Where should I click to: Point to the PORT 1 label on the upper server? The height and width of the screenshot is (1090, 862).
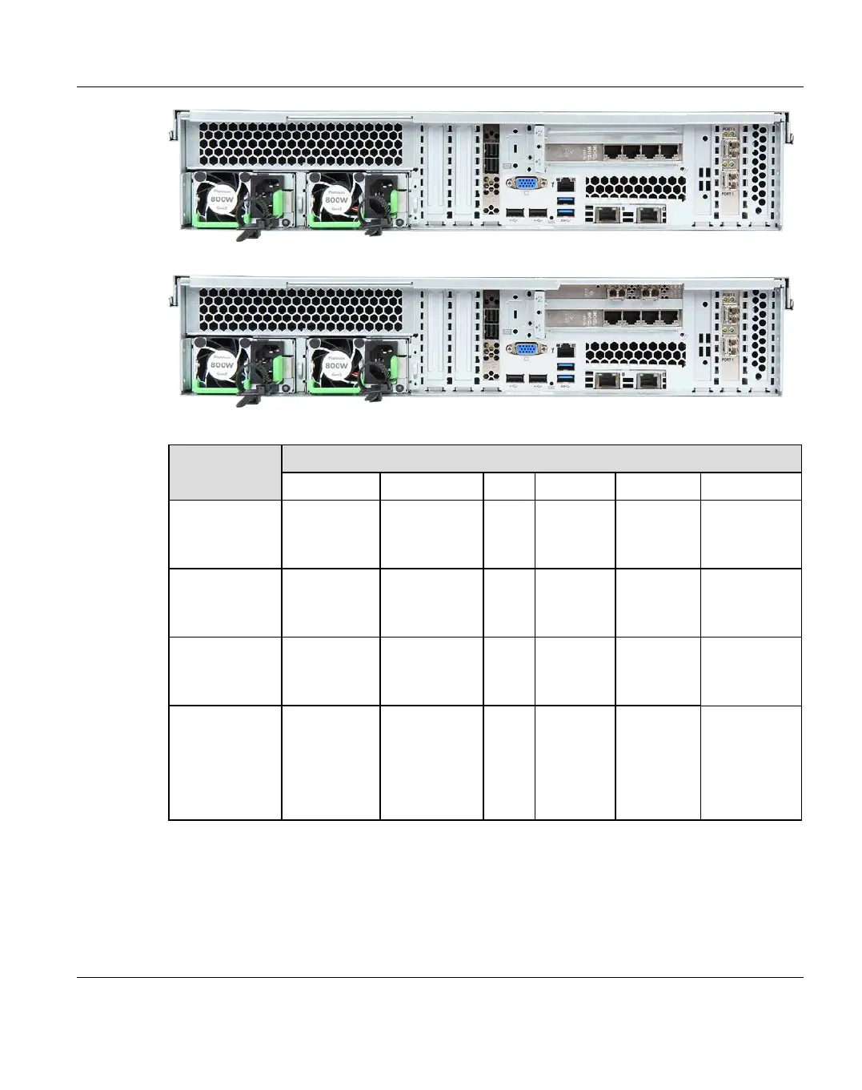728,194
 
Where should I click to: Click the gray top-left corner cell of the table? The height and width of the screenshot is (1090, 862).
225,472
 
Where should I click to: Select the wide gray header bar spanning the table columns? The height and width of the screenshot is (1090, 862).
541,458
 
